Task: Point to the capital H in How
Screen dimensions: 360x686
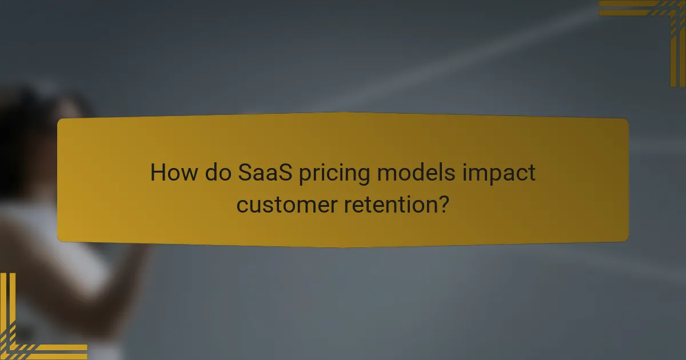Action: tap(157, 172)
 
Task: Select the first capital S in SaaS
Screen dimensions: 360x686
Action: tap(244, 172)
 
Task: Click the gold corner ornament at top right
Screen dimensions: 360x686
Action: tap(657, 23)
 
